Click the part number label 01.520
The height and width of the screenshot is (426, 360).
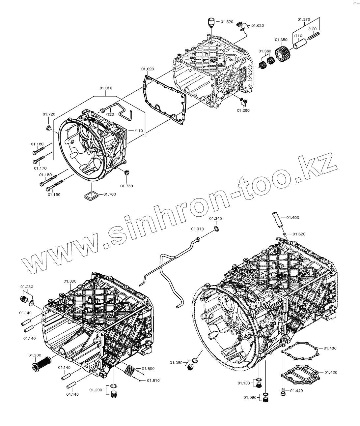click(227, 21)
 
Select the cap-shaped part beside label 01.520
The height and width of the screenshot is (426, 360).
click(211, 22)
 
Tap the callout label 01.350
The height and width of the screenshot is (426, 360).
click(281, 40)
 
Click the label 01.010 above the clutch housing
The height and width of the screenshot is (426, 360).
click(106, 88)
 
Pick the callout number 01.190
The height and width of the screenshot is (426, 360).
click(54, 195)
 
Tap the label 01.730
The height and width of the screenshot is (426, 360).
click(126, 186)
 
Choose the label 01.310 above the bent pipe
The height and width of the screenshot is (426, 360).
click(197, 229)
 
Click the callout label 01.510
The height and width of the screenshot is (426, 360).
click(153, 380)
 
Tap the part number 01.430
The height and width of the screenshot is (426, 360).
click(330, 348)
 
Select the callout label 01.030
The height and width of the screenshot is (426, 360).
click(70, 281)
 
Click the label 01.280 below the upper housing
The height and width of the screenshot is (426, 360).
click(243, 110)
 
